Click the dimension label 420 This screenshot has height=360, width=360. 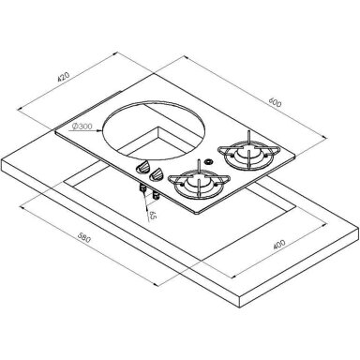point(63,77)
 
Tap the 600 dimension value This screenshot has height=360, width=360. point(275,102)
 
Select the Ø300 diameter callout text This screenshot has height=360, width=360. point(82,127)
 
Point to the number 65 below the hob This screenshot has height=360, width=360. point(152,216)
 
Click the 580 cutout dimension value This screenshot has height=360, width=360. point(84,237)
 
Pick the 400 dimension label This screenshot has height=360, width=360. point(279,245)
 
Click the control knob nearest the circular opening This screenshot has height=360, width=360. point(142,168)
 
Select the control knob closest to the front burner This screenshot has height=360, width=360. point(157,175)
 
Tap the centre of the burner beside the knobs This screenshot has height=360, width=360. point(199,182)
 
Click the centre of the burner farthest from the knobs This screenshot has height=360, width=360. point(248,153)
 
